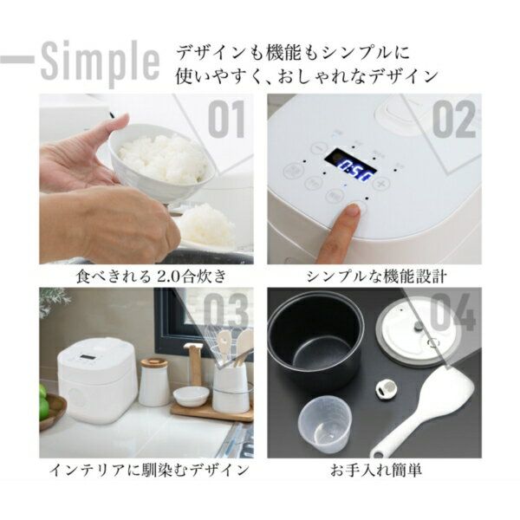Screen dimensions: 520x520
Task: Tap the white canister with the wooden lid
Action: click(x=154, y=381)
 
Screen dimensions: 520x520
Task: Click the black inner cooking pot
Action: click(x=314, y=341)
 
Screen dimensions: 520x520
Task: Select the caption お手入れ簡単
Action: click(x=374, y=471)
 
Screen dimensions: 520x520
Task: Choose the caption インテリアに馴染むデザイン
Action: click(x=146, y=471)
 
